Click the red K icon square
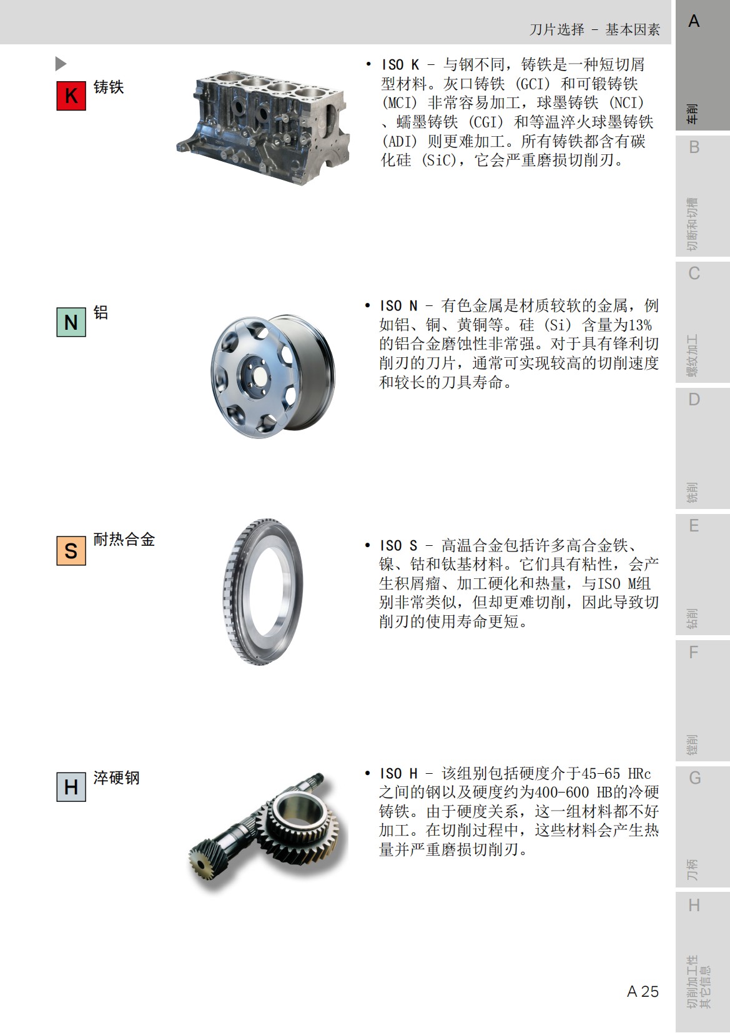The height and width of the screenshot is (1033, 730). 71,96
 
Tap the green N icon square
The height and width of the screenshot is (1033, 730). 71,322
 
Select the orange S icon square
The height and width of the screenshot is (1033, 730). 71,550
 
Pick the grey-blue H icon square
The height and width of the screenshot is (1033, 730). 71,787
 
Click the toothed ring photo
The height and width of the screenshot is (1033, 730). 263,591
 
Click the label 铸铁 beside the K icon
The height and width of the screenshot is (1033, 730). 109,87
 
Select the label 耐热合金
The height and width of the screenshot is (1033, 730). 124,539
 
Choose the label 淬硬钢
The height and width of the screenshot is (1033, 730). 117,778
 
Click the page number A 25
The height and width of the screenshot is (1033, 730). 643,991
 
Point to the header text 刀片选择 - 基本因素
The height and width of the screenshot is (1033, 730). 594,29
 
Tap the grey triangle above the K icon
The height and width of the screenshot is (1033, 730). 61,64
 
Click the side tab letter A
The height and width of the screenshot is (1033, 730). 694,22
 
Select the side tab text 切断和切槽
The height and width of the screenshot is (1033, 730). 692,224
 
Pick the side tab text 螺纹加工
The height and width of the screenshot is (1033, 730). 692,356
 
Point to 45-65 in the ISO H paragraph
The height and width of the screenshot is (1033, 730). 601,773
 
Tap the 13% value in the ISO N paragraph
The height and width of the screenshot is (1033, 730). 639,325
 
